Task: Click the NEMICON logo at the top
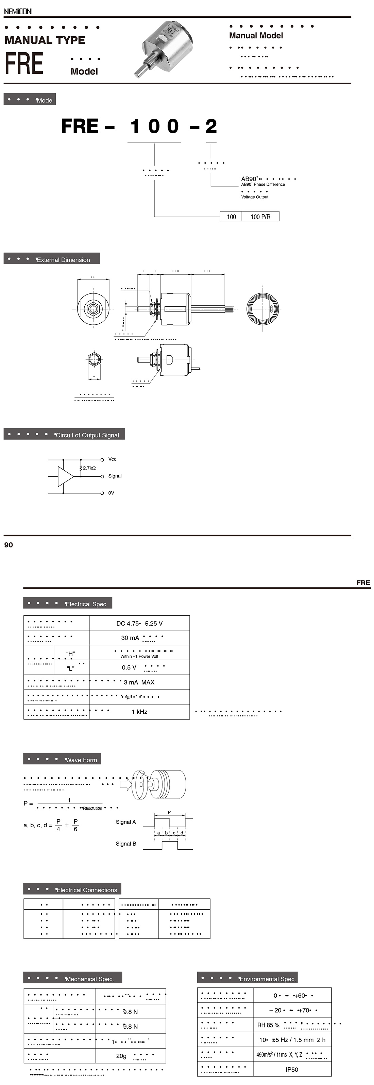[18, 11]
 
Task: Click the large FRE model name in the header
[24, 64]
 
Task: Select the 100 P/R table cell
[260, 217]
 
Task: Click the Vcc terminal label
[112, 459]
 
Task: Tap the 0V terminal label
[111, 493]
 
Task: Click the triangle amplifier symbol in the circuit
[66, 476]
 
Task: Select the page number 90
[8, 545]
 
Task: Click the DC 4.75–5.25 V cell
[139, 623]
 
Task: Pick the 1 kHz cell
[139, 712]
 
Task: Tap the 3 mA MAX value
[139, 682]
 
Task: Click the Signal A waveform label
[126, 822]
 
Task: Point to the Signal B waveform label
[126, 844]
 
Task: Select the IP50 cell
[292, 1069]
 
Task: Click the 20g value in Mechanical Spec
[121, 1056]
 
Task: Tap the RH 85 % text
[268, 1025]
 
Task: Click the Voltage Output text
[254, 197]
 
